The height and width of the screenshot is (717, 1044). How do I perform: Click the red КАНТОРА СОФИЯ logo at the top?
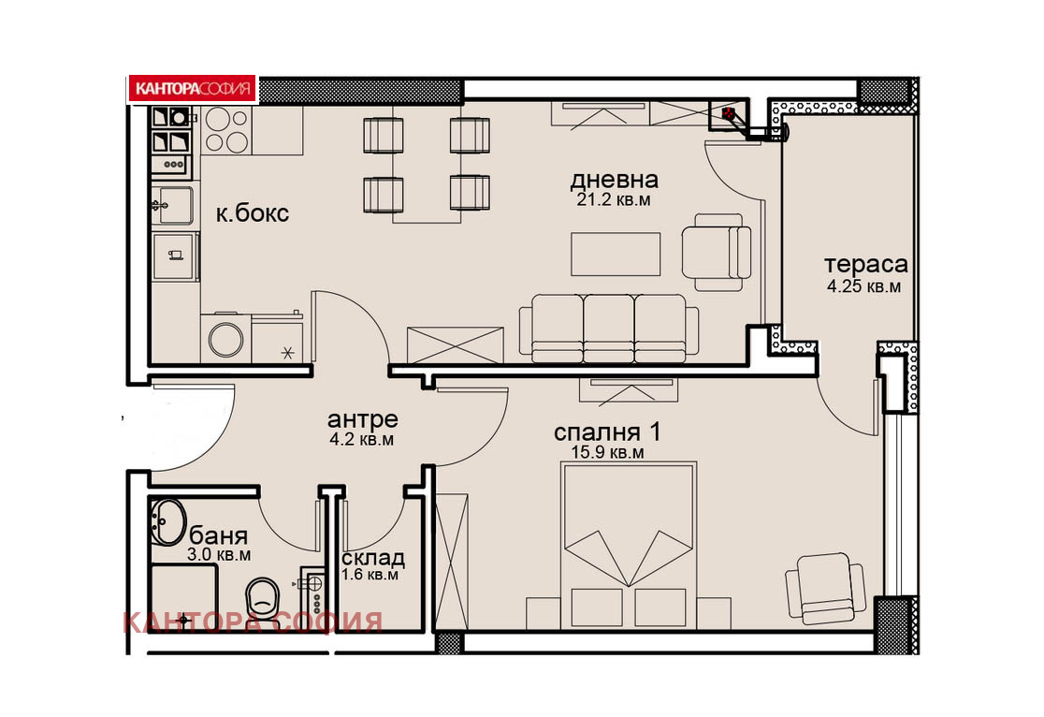click(193, 89)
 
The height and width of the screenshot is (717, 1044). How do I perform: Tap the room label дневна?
click(614, 180)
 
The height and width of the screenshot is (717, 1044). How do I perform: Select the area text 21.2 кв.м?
click(614, 199)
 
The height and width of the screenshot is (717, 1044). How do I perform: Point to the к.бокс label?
click(253, 213)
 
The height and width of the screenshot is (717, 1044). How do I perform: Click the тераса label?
click(865, 265)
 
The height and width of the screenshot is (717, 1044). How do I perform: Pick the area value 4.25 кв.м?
click(863, 286)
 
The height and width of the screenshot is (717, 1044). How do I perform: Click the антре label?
click(362, 419)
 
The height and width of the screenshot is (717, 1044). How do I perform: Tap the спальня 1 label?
click(607, 432)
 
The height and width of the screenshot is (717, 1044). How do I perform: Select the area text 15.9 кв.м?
click(607, 452)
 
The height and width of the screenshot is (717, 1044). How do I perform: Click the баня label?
click(219, 535)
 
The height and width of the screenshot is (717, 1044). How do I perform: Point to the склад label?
click(372, 558)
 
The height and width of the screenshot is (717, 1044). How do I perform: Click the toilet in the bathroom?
click(263, 599)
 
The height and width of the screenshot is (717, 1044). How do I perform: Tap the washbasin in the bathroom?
click(167, 521)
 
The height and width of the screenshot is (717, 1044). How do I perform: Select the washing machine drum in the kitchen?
click(225, 339)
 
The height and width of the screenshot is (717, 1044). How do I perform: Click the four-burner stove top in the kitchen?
click(226, 130)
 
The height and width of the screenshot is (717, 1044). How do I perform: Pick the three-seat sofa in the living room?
click(609, 329)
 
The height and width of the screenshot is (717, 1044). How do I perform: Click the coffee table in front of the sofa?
click(616, 254)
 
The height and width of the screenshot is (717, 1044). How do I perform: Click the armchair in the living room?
click(717, 252)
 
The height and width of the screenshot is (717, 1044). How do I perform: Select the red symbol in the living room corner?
click(731, 113)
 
